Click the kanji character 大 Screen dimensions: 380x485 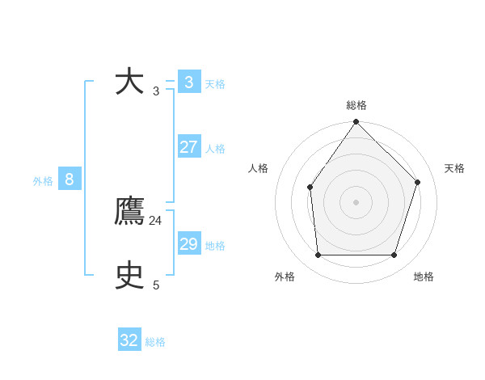(129, 82)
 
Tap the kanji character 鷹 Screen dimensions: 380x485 (129, 212)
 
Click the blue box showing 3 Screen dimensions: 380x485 (188, 82)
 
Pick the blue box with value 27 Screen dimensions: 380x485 (188, 147)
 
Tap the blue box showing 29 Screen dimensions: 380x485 (188, 244)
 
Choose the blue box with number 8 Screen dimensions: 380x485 (70, 179)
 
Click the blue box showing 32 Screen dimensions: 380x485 (129, 340)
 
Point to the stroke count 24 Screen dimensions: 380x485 (155, 221)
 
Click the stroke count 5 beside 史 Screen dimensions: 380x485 (156, 285)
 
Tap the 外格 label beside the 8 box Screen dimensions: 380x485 (43, 181)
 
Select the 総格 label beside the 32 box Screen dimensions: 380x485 (155, 342)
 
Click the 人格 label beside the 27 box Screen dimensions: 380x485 (215, 149)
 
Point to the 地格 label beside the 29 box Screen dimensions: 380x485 (215, 246)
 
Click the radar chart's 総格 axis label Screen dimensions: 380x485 (356, 105)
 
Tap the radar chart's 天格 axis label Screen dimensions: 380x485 (454, 168)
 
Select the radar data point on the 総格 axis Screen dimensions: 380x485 (356, 122)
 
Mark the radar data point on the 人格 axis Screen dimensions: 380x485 (310, 188)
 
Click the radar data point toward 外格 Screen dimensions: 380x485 (318, 255)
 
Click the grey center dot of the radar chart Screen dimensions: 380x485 (356, 202)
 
